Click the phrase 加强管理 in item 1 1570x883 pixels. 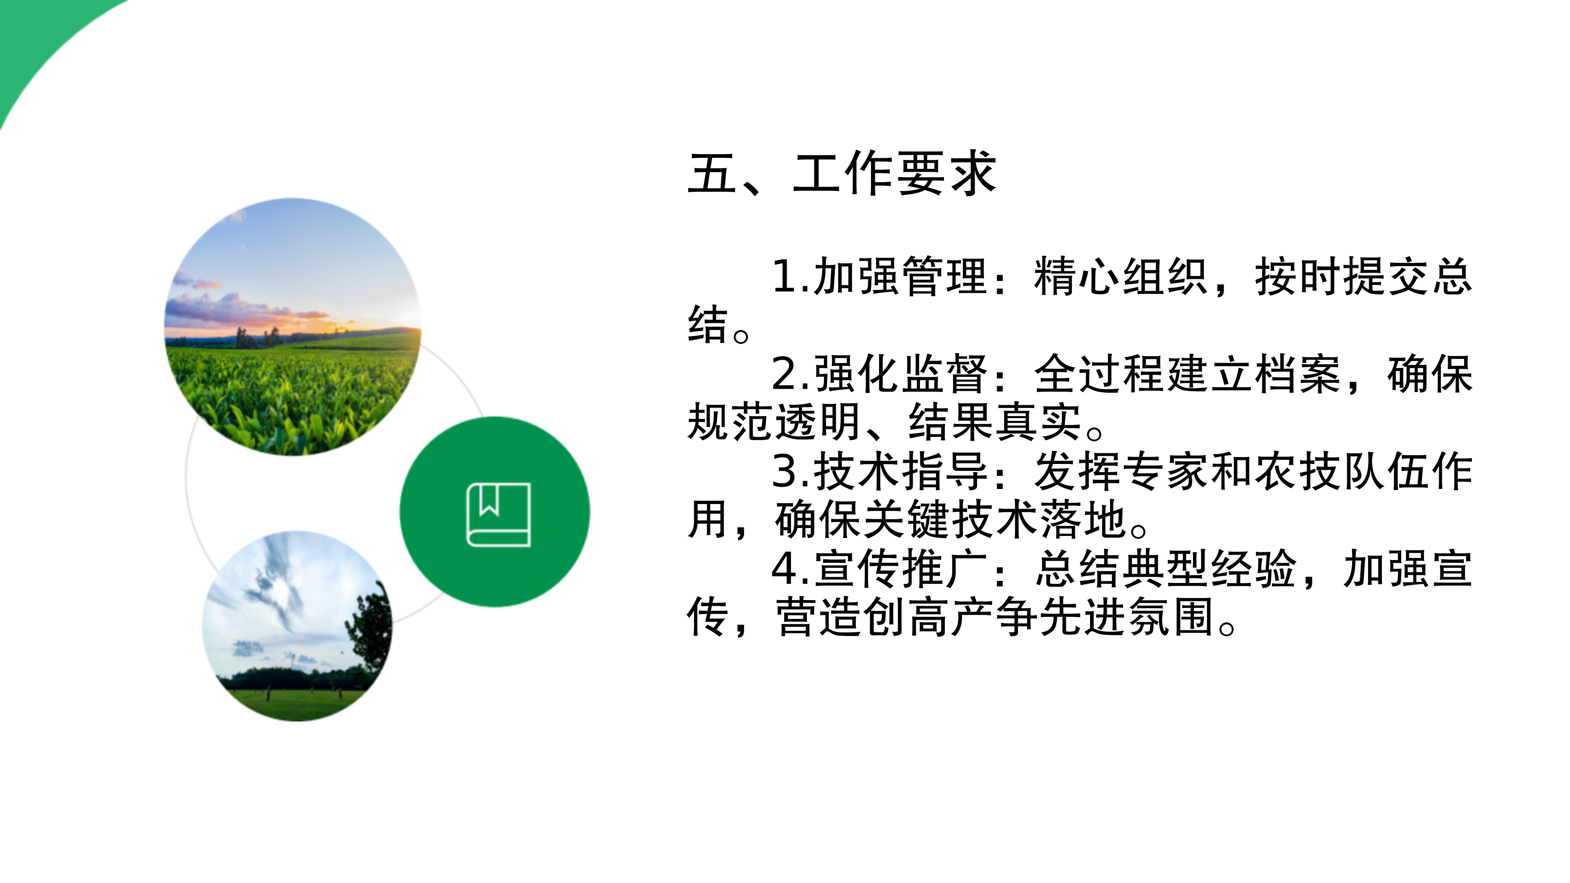click(x=900, y=277)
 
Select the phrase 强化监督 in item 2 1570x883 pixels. click(x=900, y=374)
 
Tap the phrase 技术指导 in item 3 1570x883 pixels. click(x=900, y=472)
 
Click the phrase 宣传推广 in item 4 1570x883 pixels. click(x=900, y=569)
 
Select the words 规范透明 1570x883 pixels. click(x=774, y=422)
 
